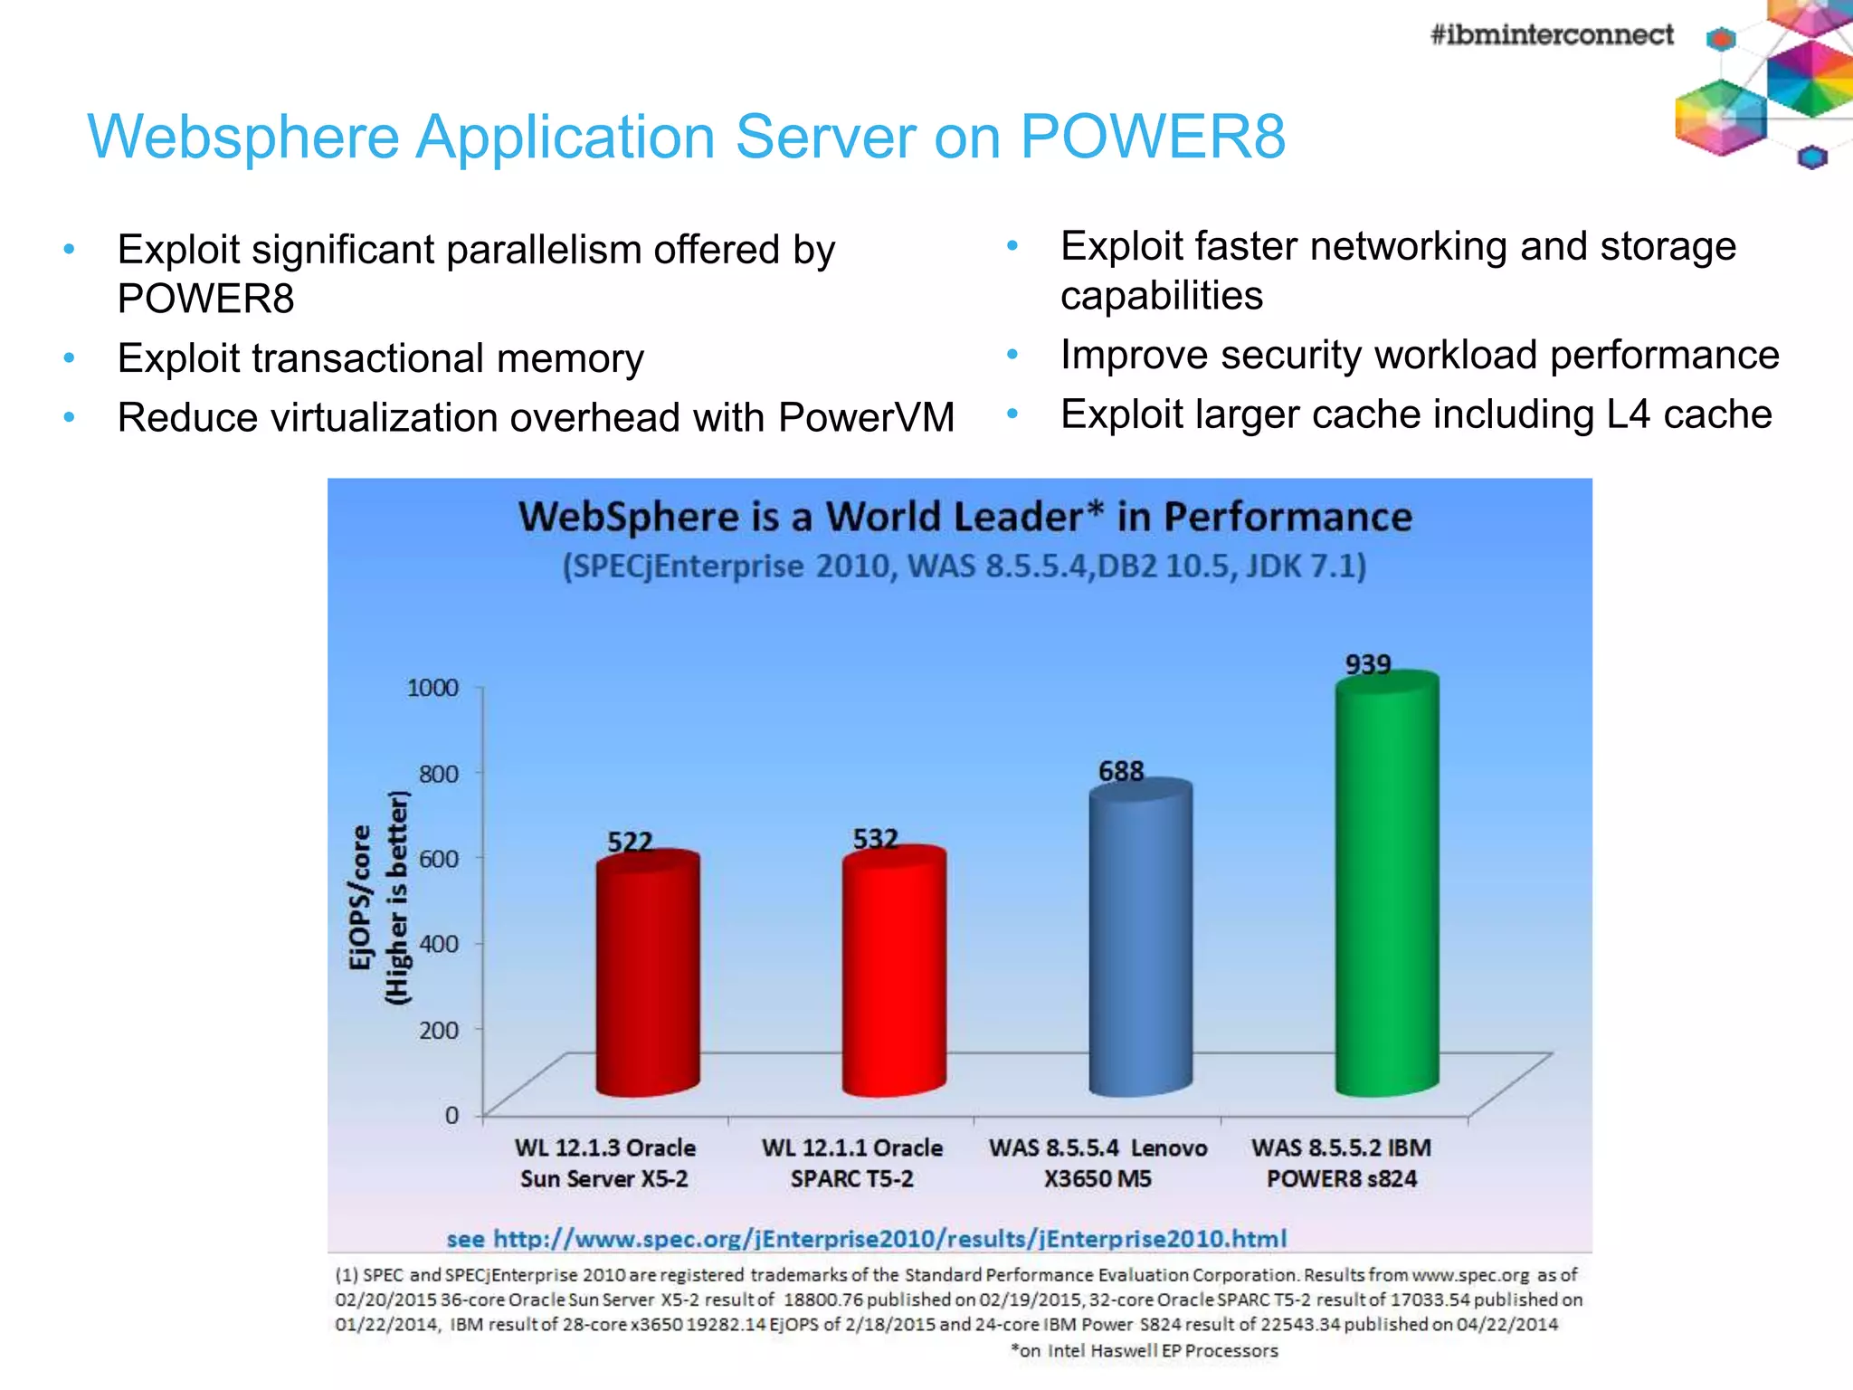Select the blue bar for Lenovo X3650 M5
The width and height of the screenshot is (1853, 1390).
click(x=1140, y=941)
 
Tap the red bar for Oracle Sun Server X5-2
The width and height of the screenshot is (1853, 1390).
click(x=647, y=977)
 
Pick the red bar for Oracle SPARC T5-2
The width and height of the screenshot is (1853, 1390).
click(x=894, y=973)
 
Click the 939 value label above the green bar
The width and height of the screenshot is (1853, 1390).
click(x=1367, y=665)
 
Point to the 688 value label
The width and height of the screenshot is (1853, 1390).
click(x=1121, y=772)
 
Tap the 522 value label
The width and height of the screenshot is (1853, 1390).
click(x=630, y=843)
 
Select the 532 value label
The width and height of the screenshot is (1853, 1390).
click(x=875, y=840)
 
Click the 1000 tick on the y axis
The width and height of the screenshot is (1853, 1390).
click(x=432, y=689)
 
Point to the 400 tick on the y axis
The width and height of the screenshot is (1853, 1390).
click(x=439, y=944)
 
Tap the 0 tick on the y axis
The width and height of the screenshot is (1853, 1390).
click(x=451, y=1116)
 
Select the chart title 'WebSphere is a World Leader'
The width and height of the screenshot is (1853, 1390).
click(x=965, y=518)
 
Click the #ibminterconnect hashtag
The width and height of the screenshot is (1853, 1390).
click(x=1551, y=35)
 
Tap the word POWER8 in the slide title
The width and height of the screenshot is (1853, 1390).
click(x=1153, y=138)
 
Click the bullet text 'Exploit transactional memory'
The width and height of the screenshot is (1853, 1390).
click(x=380, y=358)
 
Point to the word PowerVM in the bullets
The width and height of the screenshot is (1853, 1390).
click(x=866, y=418)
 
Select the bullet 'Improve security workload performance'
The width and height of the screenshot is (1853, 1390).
click(x=1419, y=355)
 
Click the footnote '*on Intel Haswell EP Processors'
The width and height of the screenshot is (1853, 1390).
click(x=1144, y=1351)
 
